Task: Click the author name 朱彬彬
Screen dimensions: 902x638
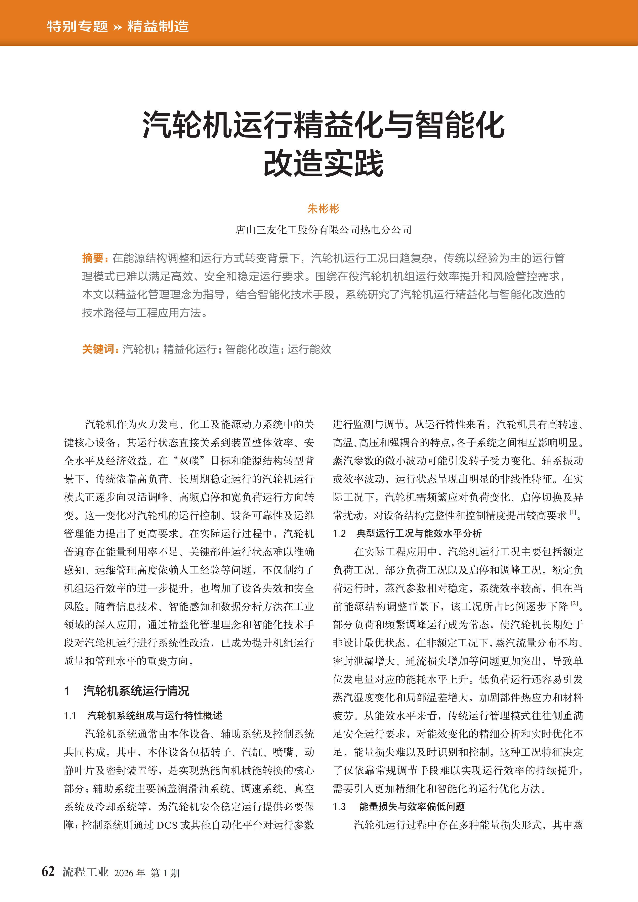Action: point(323,209)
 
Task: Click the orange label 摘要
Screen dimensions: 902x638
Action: point(93,258)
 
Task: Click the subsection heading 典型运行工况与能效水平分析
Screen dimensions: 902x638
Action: point(419,533)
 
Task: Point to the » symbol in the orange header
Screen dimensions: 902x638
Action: point(117,28)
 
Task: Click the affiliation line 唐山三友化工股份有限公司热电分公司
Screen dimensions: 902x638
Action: point(323,230)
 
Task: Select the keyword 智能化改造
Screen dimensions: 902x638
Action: point(252,349)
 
